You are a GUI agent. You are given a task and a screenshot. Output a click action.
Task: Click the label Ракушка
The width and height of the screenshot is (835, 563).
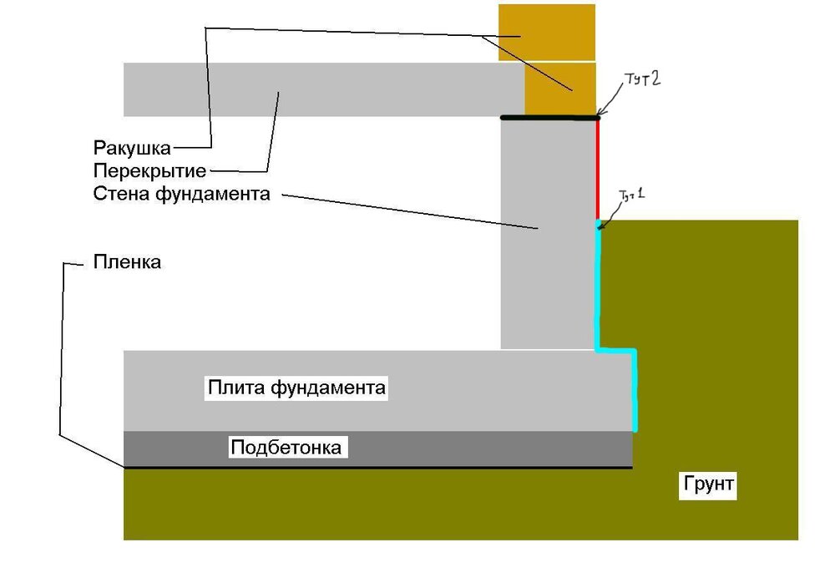click(132, 148)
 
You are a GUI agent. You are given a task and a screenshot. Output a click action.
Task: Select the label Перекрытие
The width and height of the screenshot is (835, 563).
click(150, 171)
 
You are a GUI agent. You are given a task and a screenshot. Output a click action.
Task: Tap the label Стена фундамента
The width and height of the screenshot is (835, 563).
click(182, 195)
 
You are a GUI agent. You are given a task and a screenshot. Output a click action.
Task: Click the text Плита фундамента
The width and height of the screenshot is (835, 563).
click(296, 388)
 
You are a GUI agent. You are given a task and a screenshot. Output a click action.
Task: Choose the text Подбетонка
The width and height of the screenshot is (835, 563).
click(286, 448)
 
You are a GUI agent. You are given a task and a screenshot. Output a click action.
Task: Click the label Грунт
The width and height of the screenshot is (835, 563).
click(709, 484)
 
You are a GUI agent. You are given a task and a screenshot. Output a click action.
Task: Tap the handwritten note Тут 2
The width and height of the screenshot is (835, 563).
click(643, 81)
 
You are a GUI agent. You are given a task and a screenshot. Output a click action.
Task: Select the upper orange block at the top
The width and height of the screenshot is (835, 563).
click(547, 32)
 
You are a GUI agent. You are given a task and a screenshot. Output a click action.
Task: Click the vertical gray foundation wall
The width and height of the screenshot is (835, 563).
click(547, 276)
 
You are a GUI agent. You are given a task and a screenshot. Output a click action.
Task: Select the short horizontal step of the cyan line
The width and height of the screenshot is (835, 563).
click(615, 349)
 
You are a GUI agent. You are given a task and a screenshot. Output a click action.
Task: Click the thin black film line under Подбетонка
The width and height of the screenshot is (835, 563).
click(376, 468)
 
